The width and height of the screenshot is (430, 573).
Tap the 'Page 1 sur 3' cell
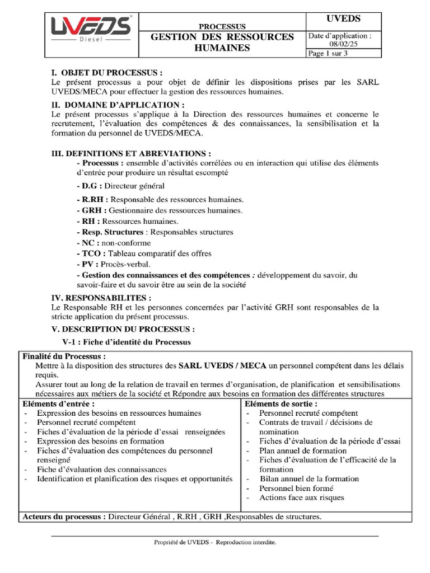pyautogui.click(x=328, y=54)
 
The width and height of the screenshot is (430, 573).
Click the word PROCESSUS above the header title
pyautogui.click(x=222, y=26)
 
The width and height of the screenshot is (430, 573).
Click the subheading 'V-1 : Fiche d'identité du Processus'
pyautogui.click(x=126, y=342)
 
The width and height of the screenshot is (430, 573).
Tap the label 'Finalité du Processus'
pyautogui.click(x=64, y=356)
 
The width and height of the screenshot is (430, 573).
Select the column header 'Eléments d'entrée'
pyautogui.click(x=58, y=404)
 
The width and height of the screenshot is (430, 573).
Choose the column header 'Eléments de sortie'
pyautogui.click(x=281, y=404)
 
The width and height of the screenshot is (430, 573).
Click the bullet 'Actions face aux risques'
pyautogui.click(x=302, y=497)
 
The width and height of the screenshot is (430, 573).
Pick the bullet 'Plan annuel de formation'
pyautogui.click(x=303, y=450)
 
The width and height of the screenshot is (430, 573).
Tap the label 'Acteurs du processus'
pyautogui.click(x=64, y=516)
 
